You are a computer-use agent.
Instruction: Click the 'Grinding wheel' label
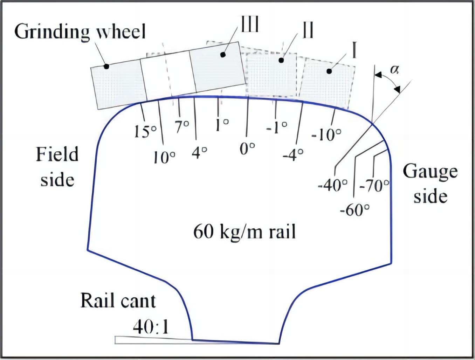80,32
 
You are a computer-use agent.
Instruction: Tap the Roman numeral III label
250,24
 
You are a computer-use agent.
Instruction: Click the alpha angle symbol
394,70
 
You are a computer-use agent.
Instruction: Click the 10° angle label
164,158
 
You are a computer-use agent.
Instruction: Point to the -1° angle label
277,128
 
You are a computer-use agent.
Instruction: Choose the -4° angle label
293,154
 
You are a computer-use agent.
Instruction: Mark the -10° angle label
326,134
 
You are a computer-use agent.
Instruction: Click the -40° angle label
333,185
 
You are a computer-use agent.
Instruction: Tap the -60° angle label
355,211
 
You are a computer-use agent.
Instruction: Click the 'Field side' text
57,167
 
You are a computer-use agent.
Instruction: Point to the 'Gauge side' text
430,184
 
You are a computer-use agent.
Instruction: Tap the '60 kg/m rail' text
245,231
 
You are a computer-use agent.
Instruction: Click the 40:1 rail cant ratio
151,327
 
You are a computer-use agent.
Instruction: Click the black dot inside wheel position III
222,55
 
